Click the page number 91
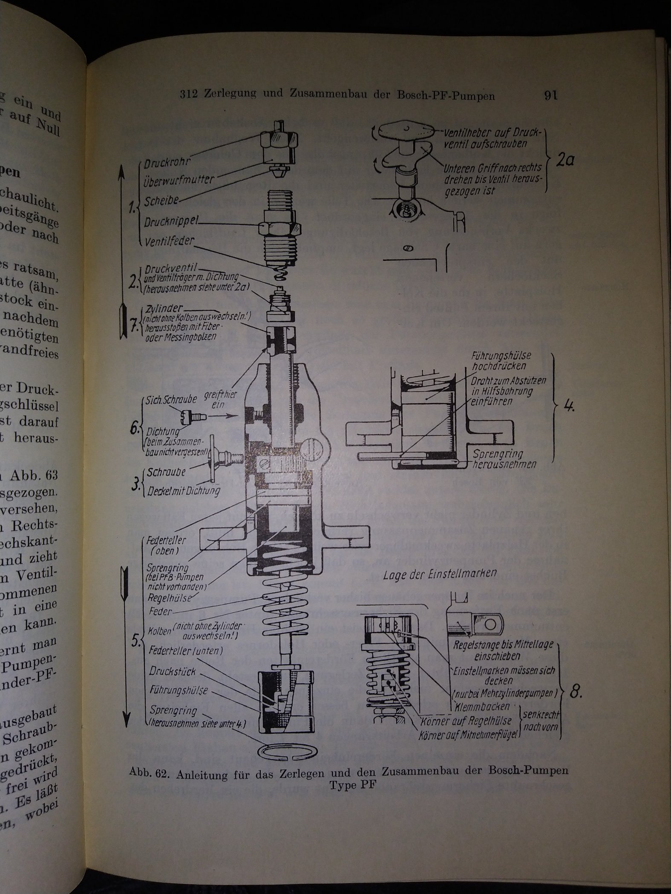550,95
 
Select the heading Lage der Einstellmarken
446,573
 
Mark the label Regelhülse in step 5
168,597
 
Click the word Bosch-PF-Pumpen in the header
450,96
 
